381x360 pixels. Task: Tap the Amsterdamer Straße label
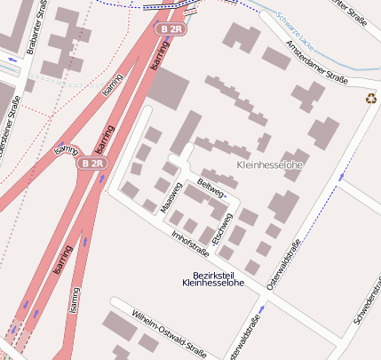click(x=315, y=55)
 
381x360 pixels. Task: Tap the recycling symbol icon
click(x=371, y=99)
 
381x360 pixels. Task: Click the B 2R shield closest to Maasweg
click(x=91, y=164)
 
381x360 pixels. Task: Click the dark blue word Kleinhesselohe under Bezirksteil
click(x=213, y=284)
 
